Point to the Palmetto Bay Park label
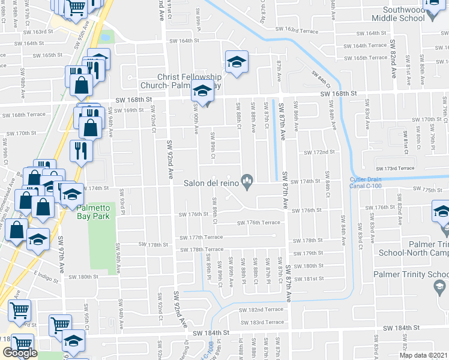pos(93,212)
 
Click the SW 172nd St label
pos(319,152)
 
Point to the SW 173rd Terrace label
pos(395,168)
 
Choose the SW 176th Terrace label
pos(259,223)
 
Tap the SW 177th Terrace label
pos(206,238)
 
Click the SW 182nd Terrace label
pos(261,309)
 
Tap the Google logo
pos(20,353)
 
